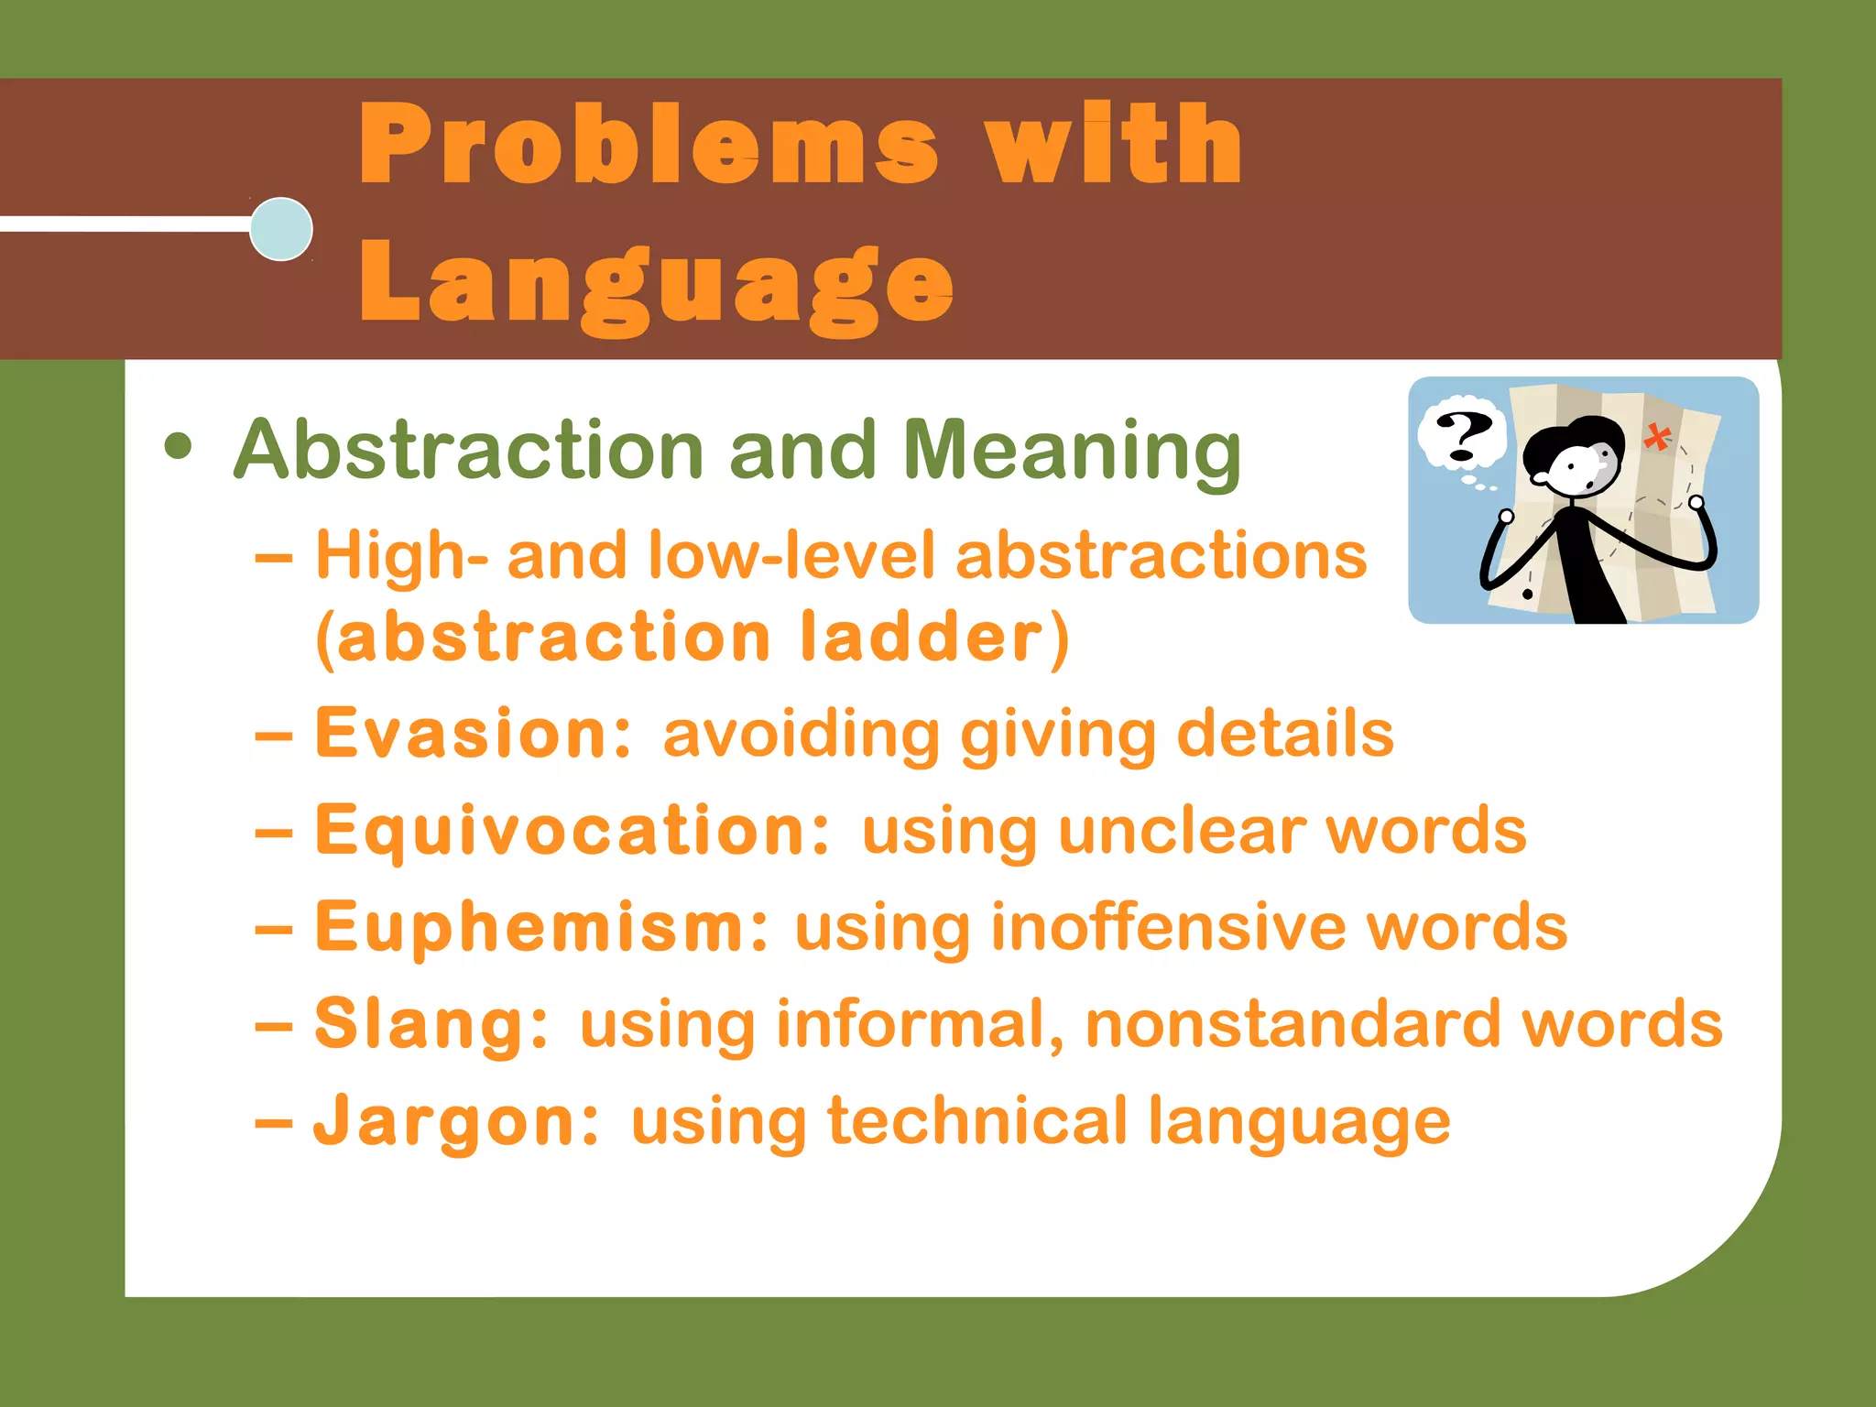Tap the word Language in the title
tap(656, 284)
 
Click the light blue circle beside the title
tap(281, 229)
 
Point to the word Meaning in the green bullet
tap(1072, 452)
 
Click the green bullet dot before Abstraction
tap(179, 448)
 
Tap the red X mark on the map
tap(1656, 437)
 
